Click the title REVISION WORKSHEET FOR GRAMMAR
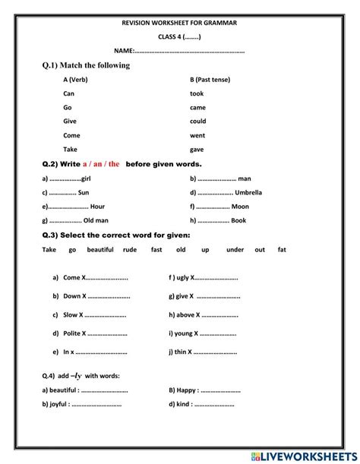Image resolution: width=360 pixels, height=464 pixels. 179,24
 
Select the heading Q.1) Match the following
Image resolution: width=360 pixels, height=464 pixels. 86,65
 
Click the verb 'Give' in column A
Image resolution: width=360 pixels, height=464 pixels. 71,122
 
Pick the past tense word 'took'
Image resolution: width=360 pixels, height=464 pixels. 197,93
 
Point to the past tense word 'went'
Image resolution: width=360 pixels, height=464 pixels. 197,135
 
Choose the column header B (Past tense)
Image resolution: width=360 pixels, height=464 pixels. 210,80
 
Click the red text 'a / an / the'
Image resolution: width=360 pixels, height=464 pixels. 101,163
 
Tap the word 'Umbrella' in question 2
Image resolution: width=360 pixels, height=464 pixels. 248,192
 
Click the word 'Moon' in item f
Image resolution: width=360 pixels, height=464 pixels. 240,207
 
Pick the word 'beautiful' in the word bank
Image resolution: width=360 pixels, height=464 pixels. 100,249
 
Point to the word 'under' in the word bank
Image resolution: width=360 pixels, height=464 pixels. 235,249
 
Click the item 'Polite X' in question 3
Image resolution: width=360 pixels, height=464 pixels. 74,333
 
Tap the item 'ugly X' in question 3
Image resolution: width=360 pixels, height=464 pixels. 180,277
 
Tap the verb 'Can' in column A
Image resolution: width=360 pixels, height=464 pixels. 70,93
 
